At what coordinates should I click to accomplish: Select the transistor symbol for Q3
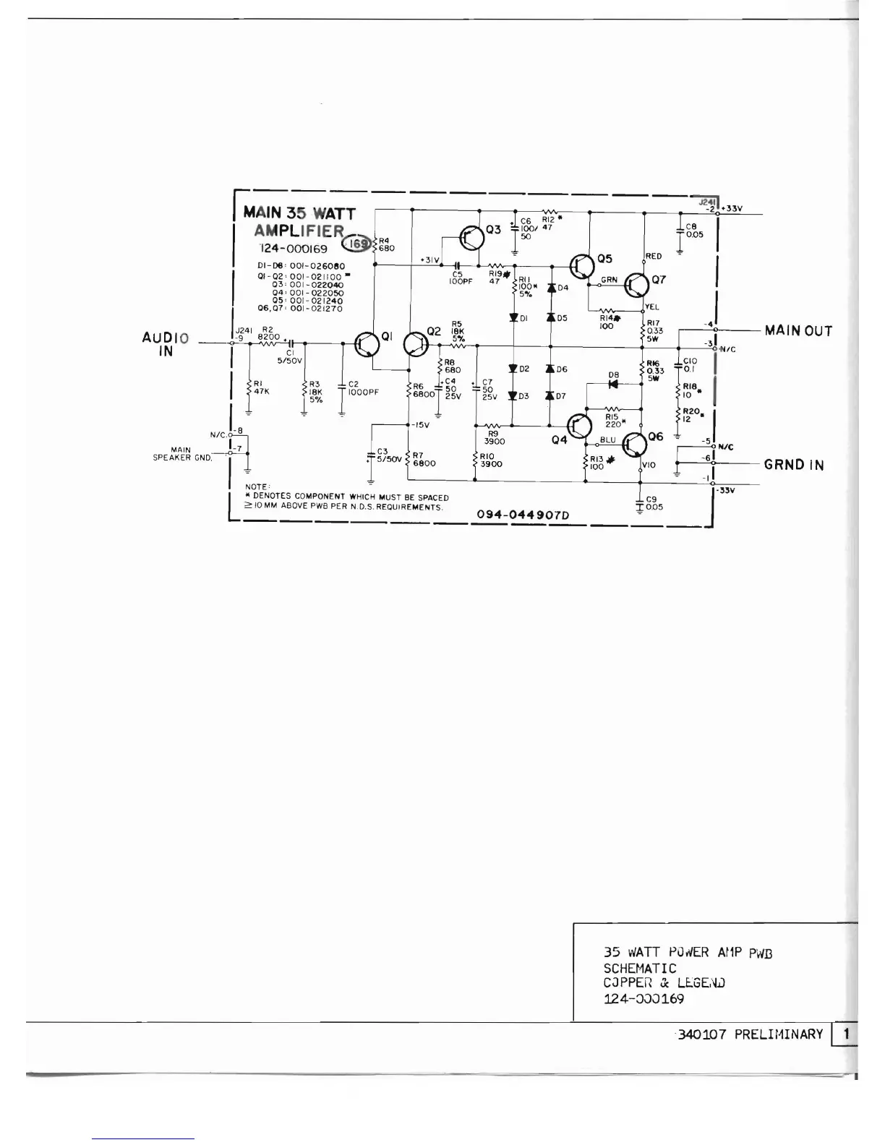pyautogui.click(x=471, y=236)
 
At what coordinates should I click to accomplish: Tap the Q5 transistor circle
pyautogui.click(x=582, y=267)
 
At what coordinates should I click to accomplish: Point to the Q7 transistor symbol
pyautogui.click(x=637, y=286)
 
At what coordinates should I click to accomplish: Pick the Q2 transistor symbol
pyautogui.click(x=416, y=345)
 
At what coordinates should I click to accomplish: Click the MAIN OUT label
pyautogui.click(x=798, y=331)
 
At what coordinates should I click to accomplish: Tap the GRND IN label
pyautogui.click(x=794, y=465)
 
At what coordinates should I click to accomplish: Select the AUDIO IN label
pyautogui.click(x=166, y=345)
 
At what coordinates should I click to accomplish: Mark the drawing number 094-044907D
pyautogui.click(x=523, y=515)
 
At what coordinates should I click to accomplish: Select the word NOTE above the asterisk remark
pyautogui.click(x=257, y=487)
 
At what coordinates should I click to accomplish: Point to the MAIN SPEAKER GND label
pyautogui.click(x=182, y=454)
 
